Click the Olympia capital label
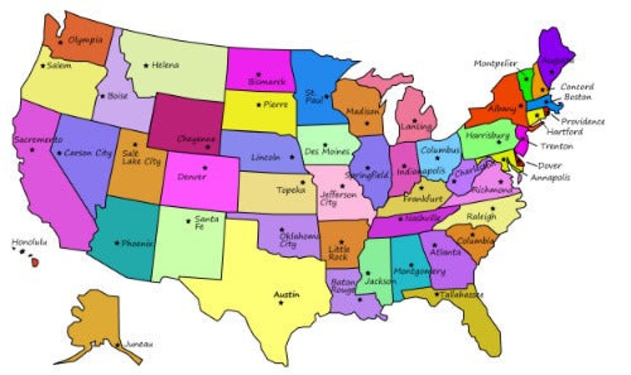[x=85, y=40]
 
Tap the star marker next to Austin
[x=281, y=303]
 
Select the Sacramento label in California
[x=37, y=140]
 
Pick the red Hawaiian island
[x=35, y=262]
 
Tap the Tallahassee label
[x=462, y=295]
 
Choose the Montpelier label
[x=495, y=63]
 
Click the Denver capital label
[x=192, y=176]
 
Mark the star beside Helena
[x=146, y=65]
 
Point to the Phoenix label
[x=137, y=244]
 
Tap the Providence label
[x=583, y=121]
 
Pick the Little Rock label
[x=338, y=252]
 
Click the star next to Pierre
[x=259, y=105]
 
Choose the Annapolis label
[x=550, y=177]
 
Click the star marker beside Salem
[x=43, y=65]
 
